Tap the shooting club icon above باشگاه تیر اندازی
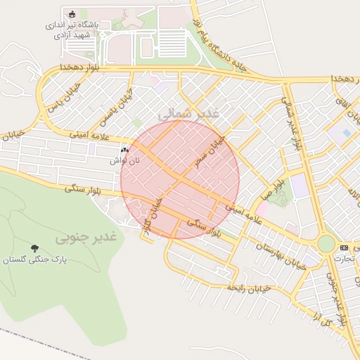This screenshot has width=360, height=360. [72, 13]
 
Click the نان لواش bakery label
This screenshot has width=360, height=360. [120, 160]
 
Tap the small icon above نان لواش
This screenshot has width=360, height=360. [124, 150]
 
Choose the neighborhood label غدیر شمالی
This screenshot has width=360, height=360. [189, 112]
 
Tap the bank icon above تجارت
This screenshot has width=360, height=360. [344, 247]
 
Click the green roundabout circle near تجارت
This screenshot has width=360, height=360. [326, 244]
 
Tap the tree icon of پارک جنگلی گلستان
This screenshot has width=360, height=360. [34, 248]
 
